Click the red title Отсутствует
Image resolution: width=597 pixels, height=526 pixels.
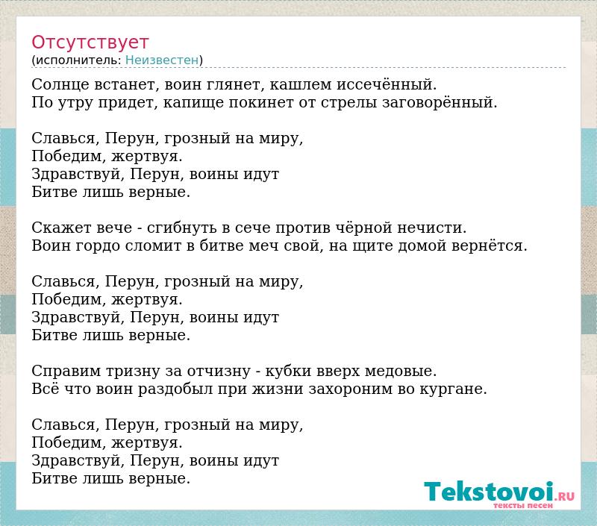90,43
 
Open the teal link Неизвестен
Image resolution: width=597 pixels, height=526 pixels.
162,60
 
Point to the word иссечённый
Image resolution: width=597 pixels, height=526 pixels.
386,84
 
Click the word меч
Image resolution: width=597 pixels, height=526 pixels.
262,246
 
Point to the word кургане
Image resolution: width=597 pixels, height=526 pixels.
454,389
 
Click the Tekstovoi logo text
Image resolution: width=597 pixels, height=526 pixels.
489,492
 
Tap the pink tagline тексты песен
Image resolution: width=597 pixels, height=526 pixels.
523,505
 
